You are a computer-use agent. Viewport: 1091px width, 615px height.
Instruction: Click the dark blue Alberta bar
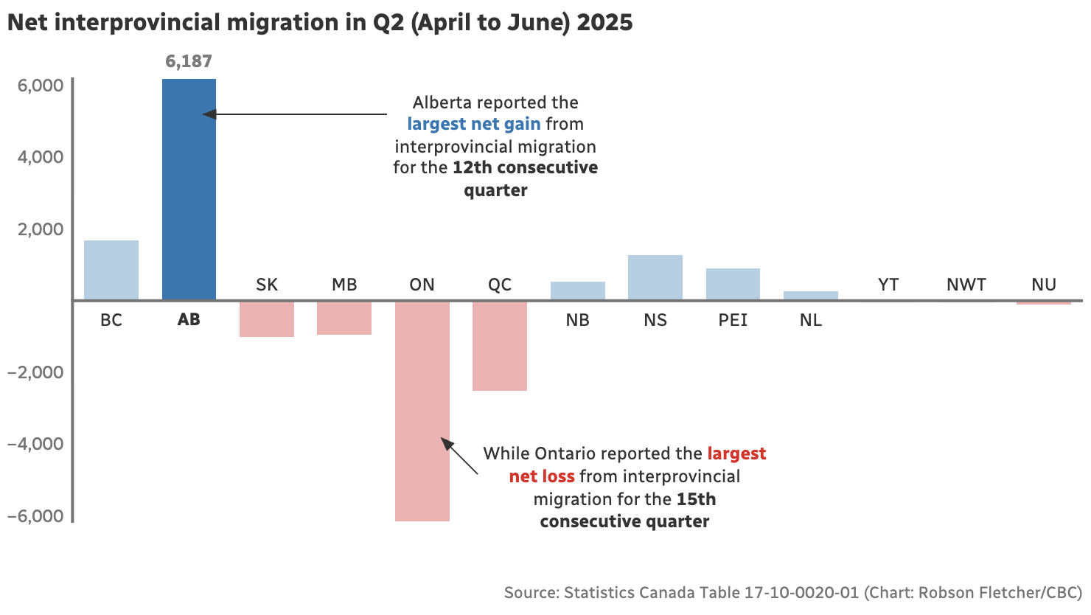189,190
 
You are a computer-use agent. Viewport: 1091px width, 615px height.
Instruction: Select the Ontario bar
422,411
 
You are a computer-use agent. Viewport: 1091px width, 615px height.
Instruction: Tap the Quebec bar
500,346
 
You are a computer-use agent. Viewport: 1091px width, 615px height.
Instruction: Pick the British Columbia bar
111,270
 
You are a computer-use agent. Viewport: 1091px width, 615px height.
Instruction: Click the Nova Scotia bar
655,277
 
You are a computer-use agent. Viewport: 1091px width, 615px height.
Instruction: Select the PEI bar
733,284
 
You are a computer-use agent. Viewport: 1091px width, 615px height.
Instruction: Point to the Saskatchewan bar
267,319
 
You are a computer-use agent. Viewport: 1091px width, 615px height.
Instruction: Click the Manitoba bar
344,318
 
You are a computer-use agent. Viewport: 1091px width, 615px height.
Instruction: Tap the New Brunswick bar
577,291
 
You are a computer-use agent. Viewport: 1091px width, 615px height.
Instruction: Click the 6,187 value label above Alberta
189,61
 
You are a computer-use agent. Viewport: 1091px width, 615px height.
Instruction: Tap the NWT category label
966,285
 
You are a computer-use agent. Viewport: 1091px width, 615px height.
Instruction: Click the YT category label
888,285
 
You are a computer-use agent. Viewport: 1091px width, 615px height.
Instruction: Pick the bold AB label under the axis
189,320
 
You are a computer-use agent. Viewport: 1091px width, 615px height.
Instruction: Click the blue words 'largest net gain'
474,124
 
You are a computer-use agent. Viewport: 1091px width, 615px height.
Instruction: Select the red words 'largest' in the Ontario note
736,454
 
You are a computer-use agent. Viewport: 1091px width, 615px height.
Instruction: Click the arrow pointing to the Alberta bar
295,114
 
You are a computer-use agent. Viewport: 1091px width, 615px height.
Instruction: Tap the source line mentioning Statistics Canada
792,592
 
